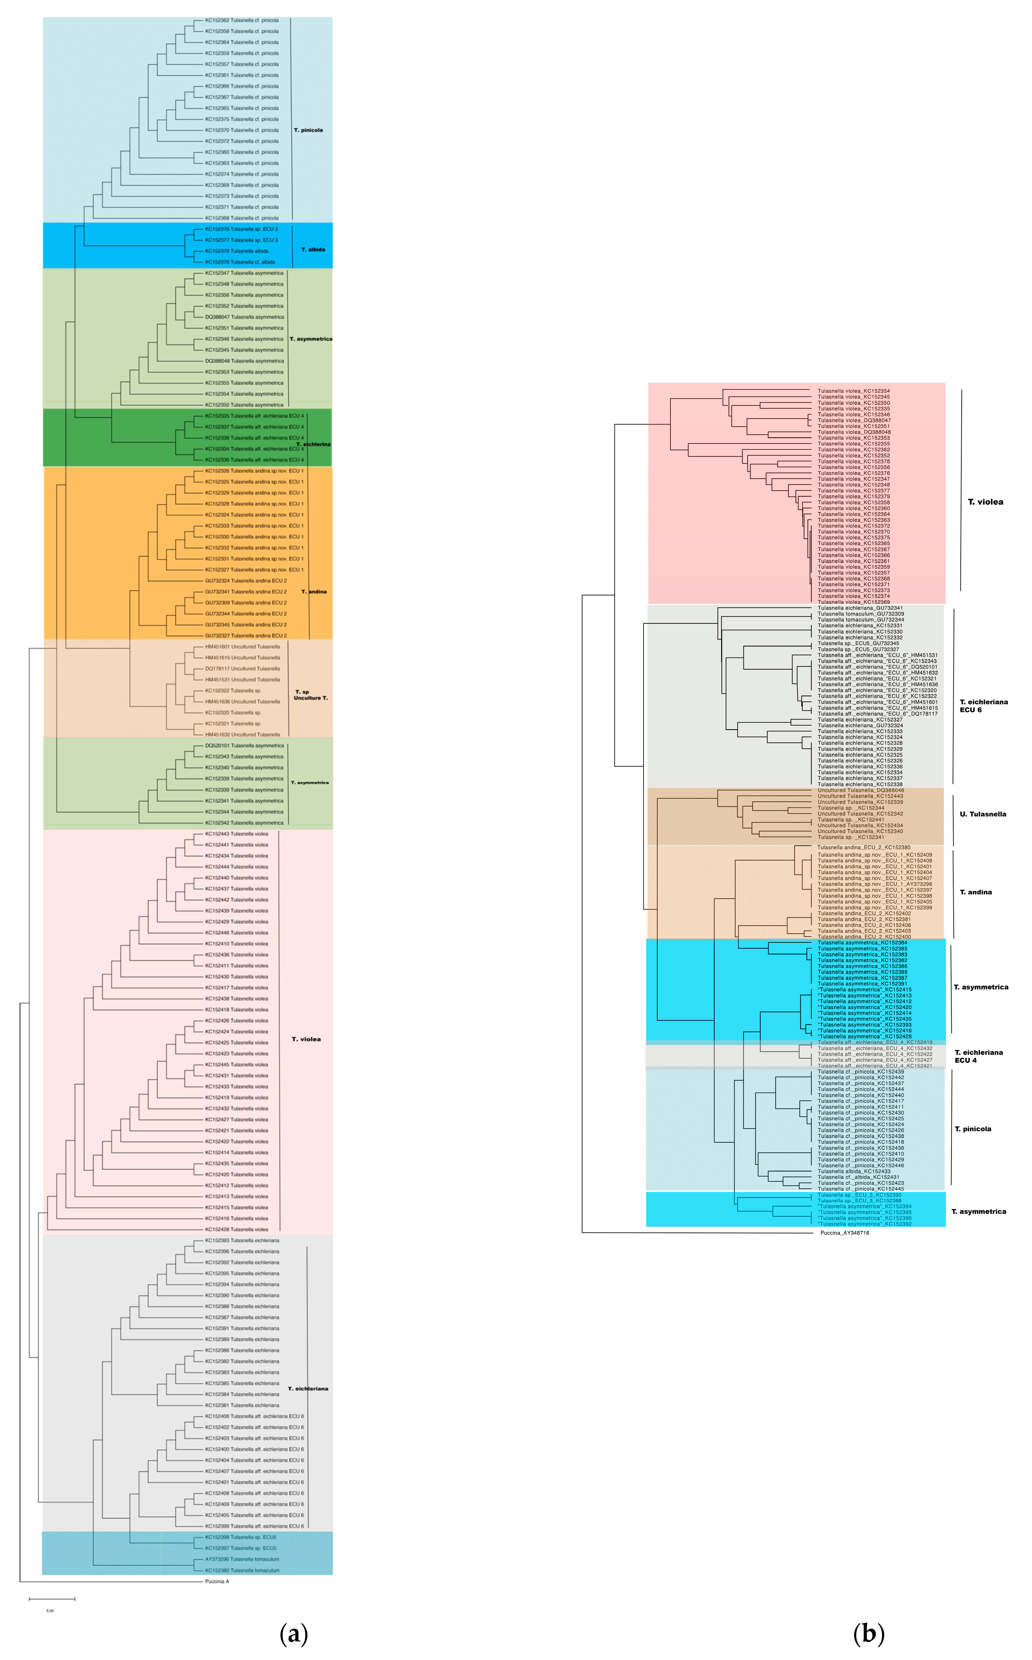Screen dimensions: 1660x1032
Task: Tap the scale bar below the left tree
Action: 52,1599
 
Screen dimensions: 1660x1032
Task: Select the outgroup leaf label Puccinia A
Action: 217,1581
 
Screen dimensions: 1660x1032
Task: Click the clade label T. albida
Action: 313,250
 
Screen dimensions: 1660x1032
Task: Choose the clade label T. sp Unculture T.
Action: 311,695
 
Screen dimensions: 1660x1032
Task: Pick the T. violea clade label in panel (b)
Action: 986,502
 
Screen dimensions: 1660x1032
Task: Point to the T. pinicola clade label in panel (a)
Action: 308,130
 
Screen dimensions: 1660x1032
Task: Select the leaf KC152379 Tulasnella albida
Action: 237,251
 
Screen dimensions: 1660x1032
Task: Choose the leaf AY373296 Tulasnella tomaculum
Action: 242,1559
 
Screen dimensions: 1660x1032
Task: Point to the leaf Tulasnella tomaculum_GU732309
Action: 861,614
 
